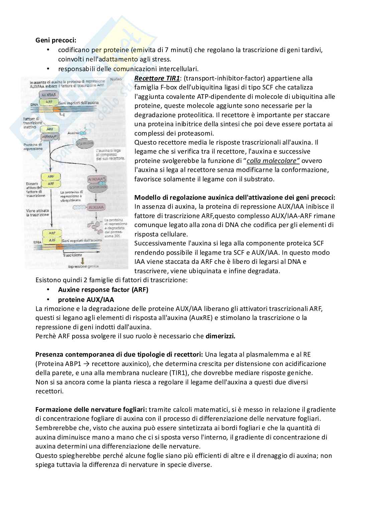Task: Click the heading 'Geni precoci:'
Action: [x=56, y=40]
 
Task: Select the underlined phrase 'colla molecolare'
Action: [x=273, y=161]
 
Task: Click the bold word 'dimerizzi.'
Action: [x=220, y=336]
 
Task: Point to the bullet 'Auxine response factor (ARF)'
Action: [x=103, y=290]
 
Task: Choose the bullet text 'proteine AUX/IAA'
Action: [x=86, y=300]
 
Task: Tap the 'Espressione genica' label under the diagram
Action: [x=82, y=267]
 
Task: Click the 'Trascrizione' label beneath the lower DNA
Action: [x=72, y=255]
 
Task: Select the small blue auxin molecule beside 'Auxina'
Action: [x=86, y=133]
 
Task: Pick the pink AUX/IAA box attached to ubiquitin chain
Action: [x=95, y=207]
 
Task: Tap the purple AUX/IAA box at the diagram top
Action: [x=48, y=95]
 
